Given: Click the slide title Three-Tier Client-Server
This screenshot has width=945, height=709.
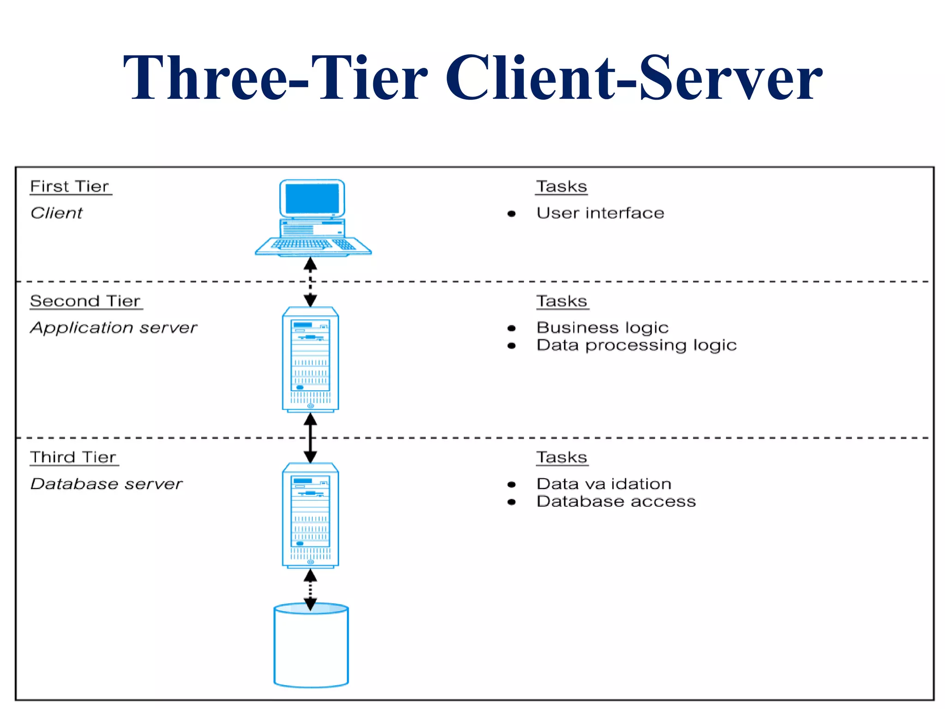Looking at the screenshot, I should (472, 78).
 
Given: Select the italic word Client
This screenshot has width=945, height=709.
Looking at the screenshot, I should (56, 213).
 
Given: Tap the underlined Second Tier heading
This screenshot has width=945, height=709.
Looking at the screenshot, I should (85, 301).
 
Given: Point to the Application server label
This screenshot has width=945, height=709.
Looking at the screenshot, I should (114, 328).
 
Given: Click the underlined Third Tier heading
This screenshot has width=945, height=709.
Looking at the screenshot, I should (73, 457).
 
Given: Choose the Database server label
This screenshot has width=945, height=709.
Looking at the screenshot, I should (107, 484).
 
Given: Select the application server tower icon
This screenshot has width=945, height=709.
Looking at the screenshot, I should (311, 359).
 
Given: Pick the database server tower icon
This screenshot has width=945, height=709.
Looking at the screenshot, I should (311, 515).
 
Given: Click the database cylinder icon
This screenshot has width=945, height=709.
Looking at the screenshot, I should (311, 646).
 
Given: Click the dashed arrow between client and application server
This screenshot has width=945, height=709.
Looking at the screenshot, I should (310, 282).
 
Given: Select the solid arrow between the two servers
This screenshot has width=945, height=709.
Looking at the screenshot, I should (310, 438).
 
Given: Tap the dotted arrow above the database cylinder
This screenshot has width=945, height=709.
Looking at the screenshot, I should (310, 589).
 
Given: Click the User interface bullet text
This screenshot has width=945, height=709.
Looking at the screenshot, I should (600, 213).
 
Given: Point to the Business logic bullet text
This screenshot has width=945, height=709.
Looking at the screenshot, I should (602, 328).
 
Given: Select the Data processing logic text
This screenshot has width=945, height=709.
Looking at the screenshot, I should (636, 345).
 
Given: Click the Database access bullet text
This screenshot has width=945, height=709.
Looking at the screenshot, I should (616, 502).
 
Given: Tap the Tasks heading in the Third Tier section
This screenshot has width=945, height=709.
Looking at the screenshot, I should (562, 457).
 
